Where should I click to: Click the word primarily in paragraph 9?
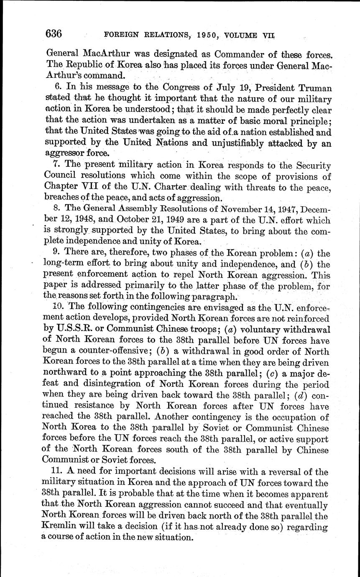click(x=146, y=286)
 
